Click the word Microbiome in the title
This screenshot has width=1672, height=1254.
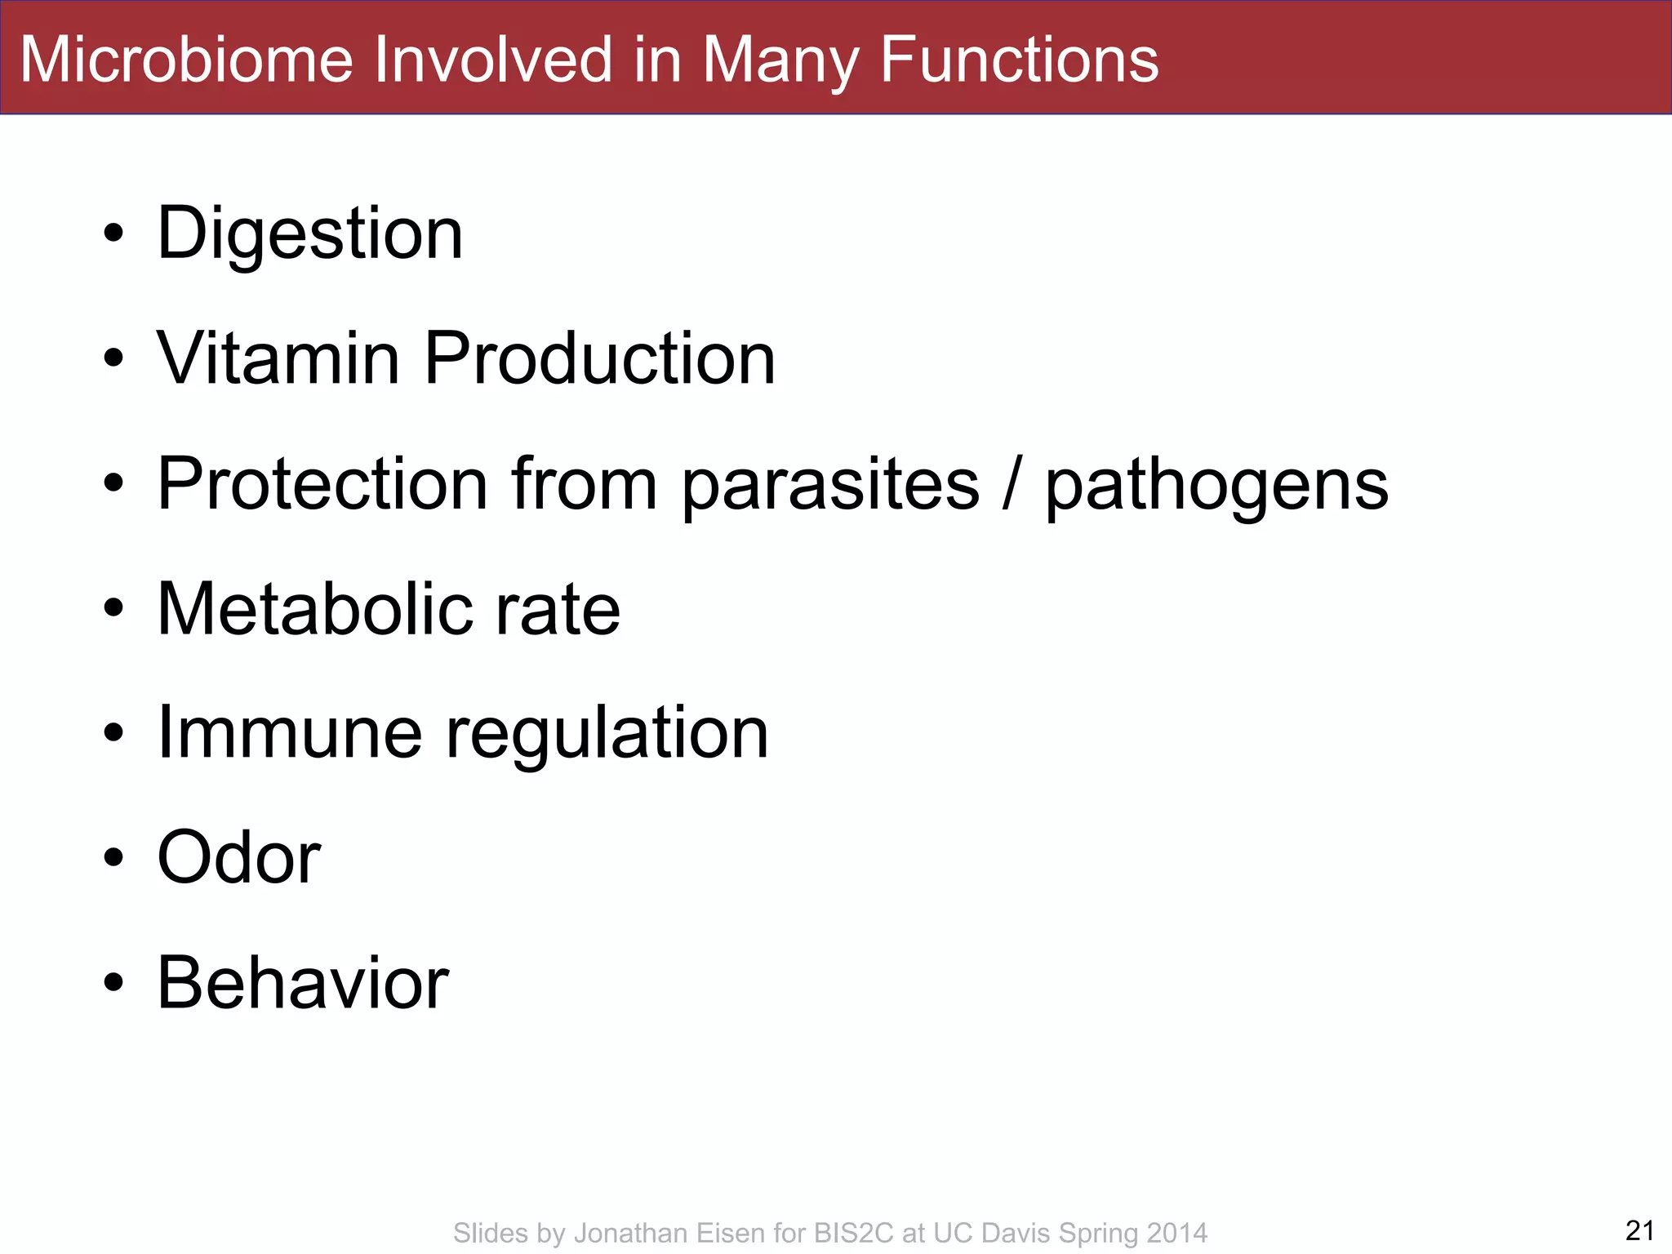coord(186,60)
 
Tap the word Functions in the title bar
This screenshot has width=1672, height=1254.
coord(1018,60)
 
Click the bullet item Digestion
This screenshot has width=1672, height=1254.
coord(310,234)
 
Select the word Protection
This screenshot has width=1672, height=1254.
coord(322,484)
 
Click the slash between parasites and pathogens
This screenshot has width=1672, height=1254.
coord(1012,484)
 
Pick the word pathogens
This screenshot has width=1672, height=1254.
coord(1216,487)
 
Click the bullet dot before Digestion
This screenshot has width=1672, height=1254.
coord(113,234)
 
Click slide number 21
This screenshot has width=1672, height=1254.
coord(1639,1230)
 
